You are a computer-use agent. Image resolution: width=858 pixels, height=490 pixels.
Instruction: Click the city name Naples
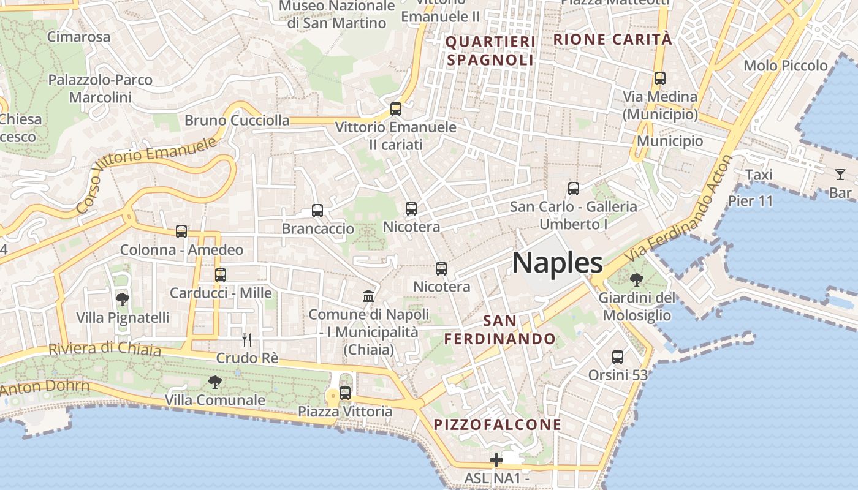[557, 263]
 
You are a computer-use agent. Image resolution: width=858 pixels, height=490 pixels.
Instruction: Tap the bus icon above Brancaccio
[317, 211]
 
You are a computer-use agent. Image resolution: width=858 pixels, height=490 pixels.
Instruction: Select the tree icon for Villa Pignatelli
[123, 300]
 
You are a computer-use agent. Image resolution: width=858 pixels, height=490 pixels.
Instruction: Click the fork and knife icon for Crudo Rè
[247, 340]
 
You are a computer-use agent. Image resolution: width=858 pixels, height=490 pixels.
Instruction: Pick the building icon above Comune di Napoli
[368, 296]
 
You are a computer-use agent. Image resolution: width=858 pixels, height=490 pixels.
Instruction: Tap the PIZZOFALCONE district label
[497, 424]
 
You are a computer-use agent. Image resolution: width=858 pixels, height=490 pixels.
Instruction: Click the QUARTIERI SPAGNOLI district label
[490, 51]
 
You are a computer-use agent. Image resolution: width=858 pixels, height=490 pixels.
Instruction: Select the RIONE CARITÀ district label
[612, 40]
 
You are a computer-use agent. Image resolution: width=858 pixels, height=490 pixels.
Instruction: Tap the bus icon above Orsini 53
[618, 356]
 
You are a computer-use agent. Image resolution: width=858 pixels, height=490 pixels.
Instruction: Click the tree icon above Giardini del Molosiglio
[637, 280]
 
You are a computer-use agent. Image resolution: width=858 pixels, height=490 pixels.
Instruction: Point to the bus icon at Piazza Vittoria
[345, 393]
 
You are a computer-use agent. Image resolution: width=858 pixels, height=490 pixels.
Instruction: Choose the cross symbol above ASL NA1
[496, 459]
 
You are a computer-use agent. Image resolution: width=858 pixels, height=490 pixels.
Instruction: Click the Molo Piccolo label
[785, 66]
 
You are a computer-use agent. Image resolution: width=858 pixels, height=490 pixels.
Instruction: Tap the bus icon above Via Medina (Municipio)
[660, 78]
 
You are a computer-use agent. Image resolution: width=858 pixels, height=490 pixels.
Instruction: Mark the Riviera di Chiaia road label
[104, 349]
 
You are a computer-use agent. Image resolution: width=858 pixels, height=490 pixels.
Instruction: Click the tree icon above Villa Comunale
[214, 382]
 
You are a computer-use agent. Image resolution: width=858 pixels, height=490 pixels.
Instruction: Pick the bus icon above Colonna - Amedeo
[181, 232]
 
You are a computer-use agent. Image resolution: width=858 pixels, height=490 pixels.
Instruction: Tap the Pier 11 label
[751, 200]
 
